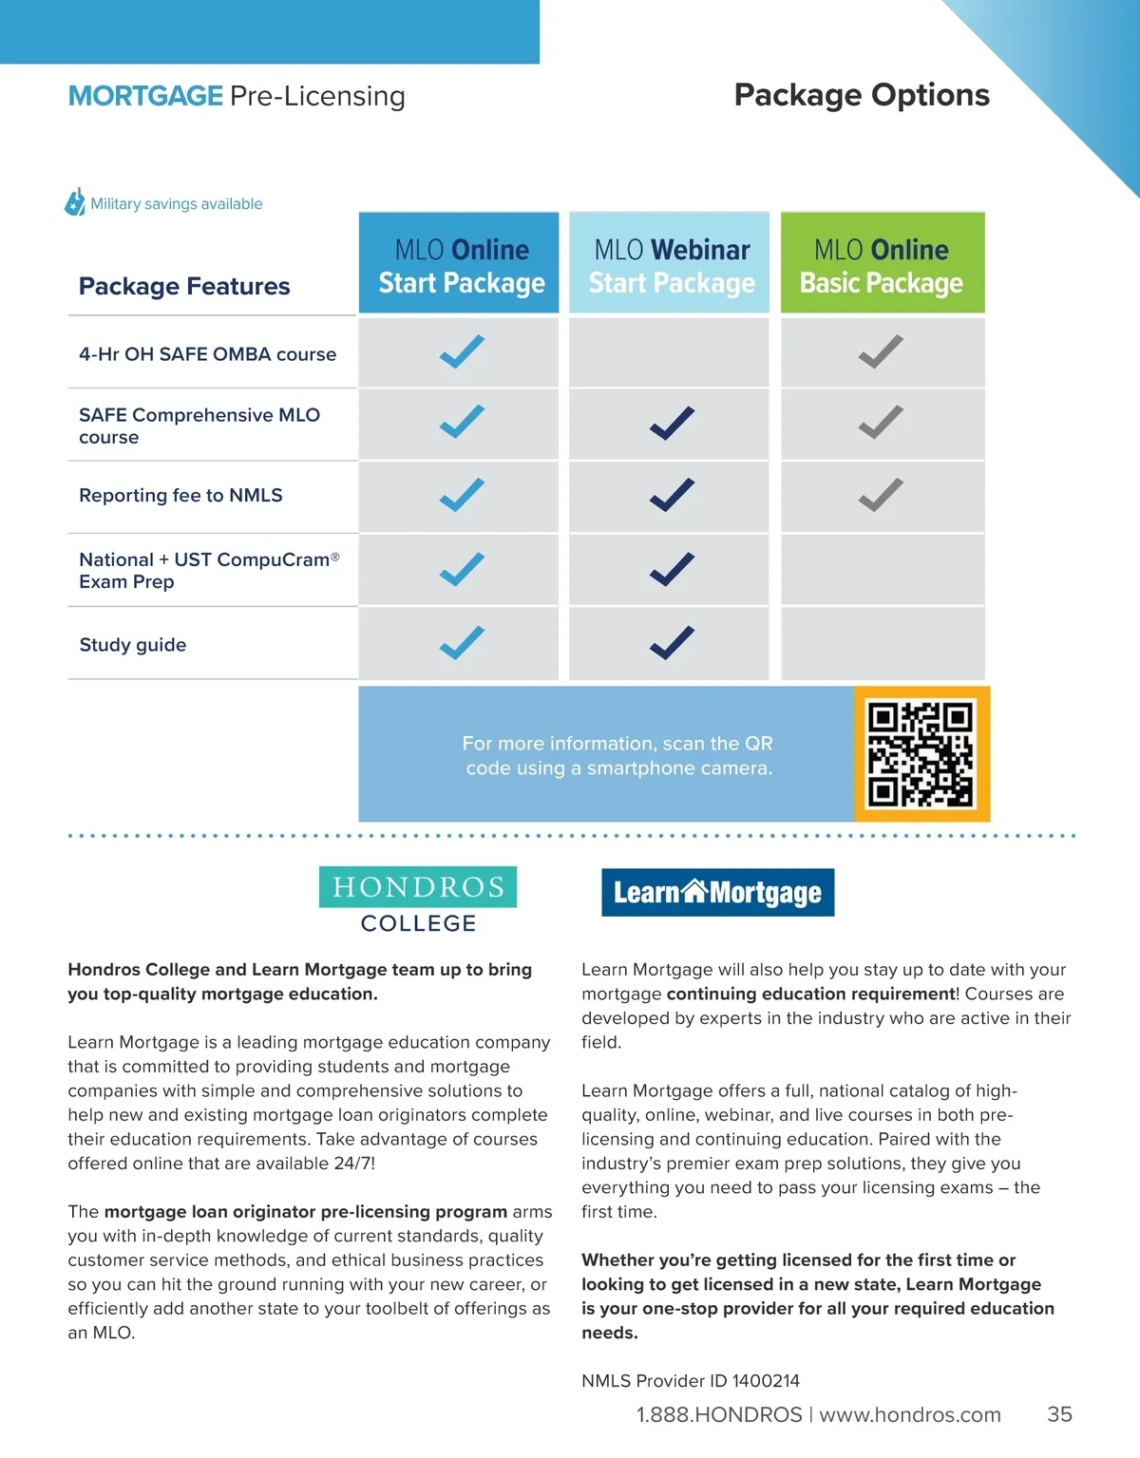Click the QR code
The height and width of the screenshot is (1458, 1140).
coord(921,754)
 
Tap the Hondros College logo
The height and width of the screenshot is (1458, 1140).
coord(418,899)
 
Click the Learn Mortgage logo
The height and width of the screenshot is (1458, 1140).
coord(717,893)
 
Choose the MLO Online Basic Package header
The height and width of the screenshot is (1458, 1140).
coord(882,265)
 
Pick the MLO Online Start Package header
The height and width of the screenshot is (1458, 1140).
coord(461,265)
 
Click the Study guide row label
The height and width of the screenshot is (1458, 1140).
coord(133,645)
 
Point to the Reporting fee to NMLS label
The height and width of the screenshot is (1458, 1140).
coord(180,496)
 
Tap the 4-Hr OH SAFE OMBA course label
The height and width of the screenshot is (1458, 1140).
coord(207,354)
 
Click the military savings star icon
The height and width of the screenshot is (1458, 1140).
coord(75,202)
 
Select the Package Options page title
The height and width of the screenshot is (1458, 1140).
coord(862,95)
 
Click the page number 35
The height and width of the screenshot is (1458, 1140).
coord(1059,1414)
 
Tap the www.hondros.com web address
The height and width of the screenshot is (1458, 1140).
coord(909,1415)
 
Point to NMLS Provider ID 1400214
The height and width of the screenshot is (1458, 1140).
coord(691,1381)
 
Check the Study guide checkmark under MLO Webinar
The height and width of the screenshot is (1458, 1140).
coord(672,643)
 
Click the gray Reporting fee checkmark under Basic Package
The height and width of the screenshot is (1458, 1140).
coord(881,495)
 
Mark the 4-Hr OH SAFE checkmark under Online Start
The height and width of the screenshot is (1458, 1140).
coord(462,352)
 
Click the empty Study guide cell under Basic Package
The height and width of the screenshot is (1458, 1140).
coord(882,643)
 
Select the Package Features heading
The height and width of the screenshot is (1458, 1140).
coord(184,286)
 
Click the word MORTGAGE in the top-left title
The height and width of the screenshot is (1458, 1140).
coord(145,96)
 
